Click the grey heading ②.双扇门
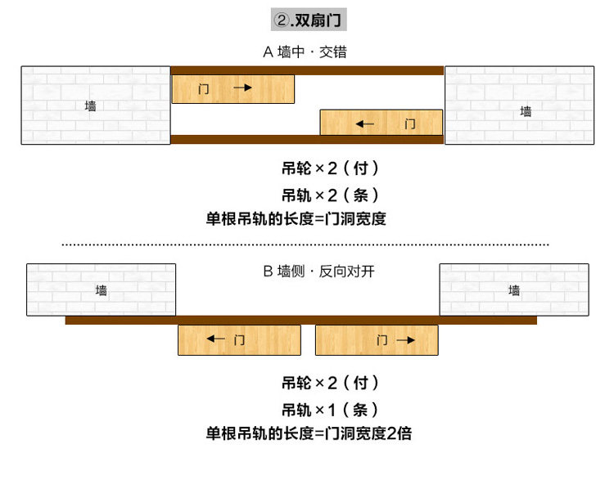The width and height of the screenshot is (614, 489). click(309, 20)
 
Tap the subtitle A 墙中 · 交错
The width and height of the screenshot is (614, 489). click(305, 52)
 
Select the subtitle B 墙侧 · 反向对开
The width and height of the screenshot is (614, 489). click(318, 271)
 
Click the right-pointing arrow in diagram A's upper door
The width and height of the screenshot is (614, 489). click(243, 87)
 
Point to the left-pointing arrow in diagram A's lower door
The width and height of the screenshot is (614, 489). click(365, 124)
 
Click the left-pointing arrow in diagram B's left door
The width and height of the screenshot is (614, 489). click(216, 339)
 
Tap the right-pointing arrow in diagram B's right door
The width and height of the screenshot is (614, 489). click(406, 340)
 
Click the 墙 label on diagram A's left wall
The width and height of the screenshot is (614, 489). click(90, 105)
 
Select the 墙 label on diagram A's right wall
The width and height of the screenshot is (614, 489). click(526, 111)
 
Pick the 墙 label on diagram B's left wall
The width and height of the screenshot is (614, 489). click(101, 289)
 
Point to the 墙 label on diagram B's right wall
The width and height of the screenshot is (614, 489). click(514, 289)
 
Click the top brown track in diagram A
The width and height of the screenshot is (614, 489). click(307, 70)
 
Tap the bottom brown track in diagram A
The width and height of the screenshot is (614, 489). click(307, 139)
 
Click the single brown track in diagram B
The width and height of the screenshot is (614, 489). click(300, 321)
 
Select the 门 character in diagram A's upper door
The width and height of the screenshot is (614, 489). click(203, 89)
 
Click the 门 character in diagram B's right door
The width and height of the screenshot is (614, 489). click(382, 340)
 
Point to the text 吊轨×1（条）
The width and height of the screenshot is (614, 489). click(330, 410)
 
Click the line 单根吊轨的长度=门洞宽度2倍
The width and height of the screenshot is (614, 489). click(309, 433)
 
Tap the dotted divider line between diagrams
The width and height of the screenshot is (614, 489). click(305, 244)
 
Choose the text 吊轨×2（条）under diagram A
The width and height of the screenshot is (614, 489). click(330, 195)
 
